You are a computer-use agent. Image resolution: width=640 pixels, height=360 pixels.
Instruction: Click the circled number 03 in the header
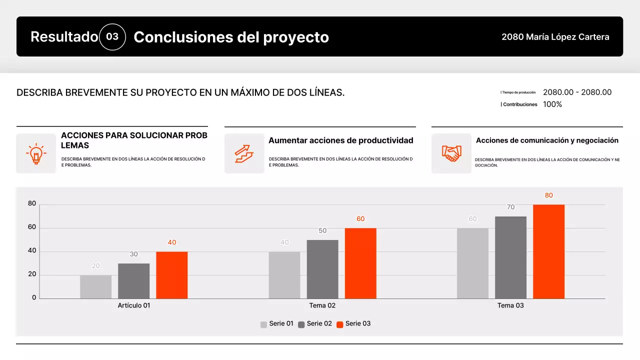pyautogui.click(x=112, y=37)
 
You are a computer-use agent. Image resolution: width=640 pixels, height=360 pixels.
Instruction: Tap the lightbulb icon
pyautogui.click(x=36, y=153)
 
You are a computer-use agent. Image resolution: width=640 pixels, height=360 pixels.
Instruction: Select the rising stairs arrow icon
pyautogui.click(x=244, y=153)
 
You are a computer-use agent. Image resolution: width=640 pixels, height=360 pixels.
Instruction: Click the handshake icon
pyautogui.click(x=451, y=153)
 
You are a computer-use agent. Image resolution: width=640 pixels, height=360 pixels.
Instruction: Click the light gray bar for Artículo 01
pyautogui.click(x=95, y=287)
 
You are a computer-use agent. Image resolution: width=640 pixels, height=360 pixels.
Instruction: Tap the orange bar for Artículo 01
pyautogui.click(x=171, y=275)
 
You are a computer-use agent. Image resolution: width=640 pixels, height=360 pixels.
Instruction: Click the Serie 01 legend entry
pyautogui.click(x=277, y=324)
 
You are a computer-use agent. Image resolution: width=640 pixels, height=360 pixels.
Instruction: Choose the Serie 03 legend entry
pyautogui.click(x=353, y=324)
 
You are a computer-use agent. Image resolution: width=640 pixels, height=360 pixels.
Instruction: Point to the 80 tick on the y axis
pyautogui.click(x=32, y=204)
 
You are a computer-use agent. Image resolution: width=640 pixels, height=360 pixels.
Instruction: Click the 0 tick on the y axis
pyautogui.click(x=34, y=298)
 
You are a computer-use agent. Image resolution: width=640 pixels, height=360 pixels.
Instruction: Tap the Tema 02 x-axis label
pyautogui.click(x=322, y=305)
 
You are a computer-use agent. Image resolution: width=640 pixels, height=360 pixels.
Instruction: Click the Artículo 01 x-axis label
pyautogui.click(x=134, y=305)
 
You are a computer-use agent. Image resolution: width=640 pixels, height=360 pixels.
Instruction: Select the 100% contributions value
pyautogui.click(x=552, y=104)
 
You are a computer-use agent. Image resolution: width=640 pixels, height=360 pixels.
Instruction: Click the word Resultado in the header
pyautogui.click(x=64, y=37)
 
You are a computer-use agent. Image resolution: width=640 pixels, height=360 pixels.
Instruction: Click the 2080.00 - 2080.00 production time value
pyautogui.click(x=577, y=92)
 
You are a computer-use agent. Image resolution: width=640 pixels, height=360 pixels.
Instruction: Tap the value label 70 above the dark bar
pyautogui.click(x=510, y=207)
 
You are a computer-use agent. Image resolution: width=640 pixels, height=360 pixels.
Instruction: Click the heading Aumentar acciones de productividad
pyautogui.click(x=341, y=140)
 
